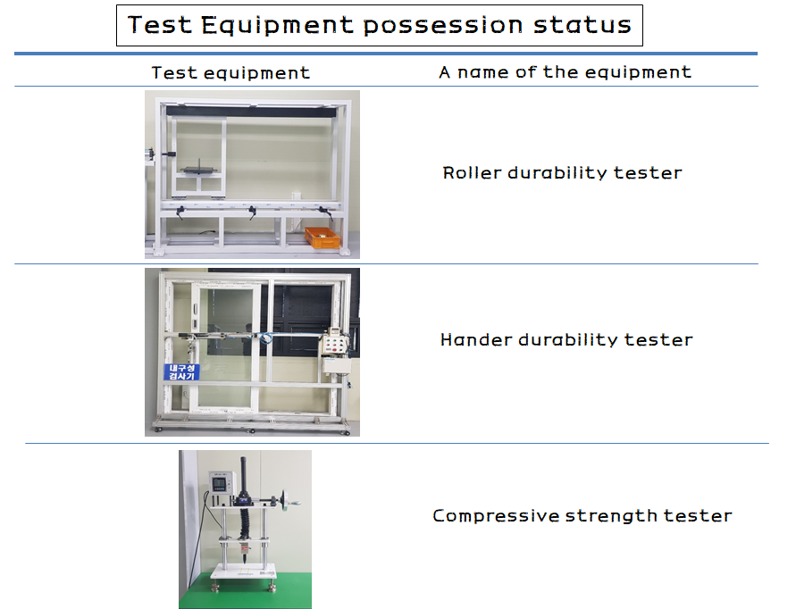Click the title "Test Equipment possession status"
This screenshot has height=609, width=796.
point(379,25)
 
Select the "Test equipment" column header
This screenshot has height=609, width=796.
point(230,73)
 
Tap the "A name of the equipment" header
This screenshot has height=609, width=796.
point(565,72)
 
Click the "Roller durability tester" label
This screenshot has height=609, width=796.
point(562,173)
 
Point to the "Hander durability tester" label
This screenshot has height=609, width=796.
point(566,339)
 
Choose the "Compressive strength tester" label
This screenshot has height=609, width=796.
point(582,516)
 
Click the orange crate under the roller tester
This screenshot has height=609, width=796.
point(323,238)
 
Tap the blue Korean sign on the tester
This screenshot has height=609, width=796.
point(181,372)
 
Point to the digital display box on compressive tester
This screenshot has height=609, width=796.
point(222,482)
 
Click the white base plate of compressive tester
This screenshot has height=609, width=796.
point(244,571)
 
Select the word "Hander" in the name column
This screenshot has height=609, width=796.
point(476,339)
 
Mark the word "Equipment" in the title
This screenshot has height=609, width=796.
point(277,25)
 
